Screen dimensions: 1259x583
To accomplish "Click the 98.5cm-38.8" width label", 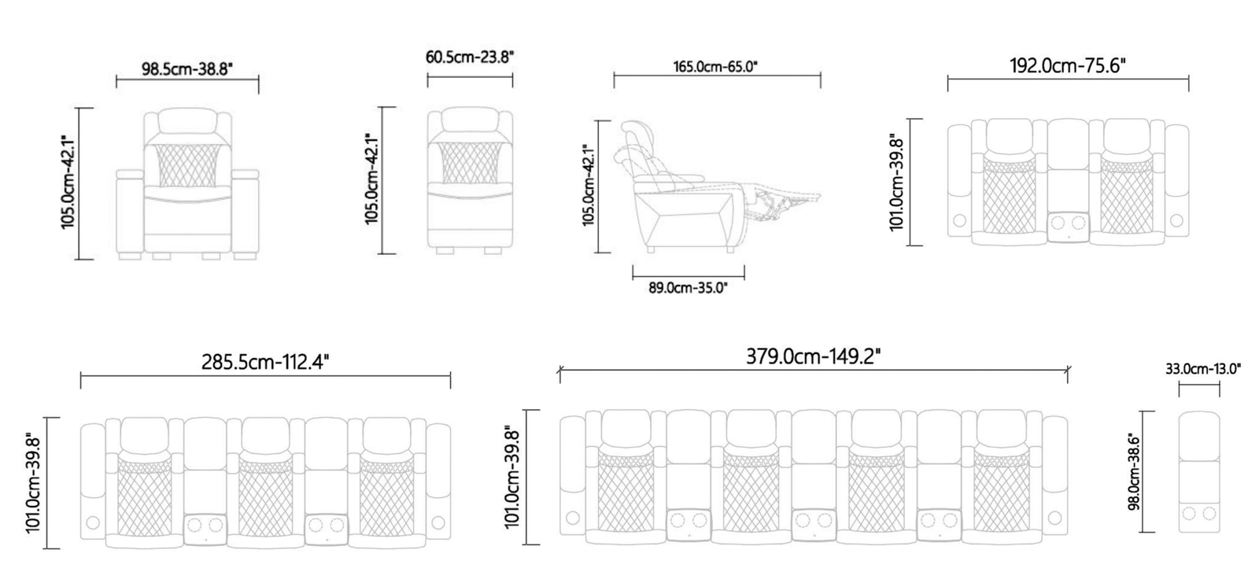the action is (186, 69).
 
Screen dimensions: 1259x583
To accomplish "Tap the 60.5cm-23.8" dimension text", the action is (470, 57).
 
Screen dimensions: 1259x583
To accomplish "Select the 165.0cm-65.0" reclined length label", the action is (715, 67).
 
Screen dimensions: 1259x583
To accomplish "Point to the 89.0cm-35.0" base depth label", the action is (688, 288).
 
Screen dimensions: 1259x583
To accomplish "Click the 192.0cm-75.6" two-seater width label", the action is (1068, 66).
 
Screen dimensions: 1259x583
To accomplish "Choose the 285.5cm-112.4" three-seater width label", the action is (264, 361).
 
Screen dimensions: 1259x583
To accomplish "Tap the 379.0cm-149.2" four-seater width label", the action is (814, 356).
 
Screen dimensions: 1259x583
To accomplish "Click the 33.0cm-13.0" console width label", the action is (1203, 369).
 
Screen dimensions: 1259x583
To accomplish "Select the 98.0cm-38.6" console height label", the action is (1134, 472).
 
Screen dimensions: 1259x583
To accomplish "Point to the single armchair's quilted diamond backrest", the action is (186, 164).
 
